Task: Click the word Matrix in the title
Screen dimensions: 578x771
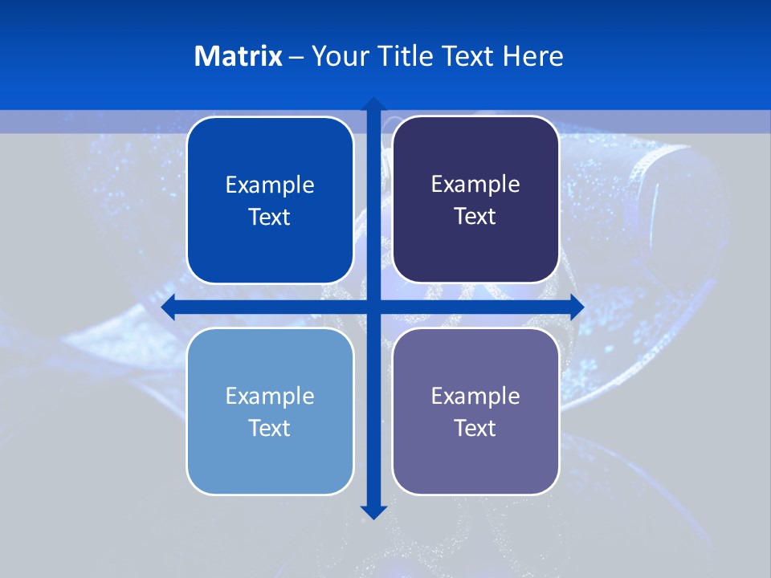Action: pyautogui.click(x=239, y=56)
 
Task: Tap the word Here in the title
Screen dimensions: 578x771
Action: pyautogui.click(x=532, y=56)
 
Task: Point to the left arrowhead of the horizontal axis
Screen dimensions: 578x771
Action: pyautogui.click(x=168, y=307)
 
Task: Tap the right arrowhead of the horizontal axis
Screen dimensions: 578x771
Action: pyautogui.click(x=577, y=307)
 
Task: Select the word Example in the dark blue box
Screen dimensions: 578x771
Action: pyautogui.click(x=270, y=185)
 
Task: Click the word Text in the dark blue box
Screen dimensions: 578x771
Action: pyautogui.click(x=270, y=218)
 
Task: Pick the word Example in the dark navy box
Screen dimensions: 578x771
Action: pyautogui.click(x=475, y=185)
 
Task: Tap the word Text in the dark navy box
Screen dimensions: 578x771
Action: pyautogui.click(x=475, y=217)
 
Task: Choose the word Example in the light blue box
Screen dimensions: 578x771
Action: pyautogui.click(x=270, y=397)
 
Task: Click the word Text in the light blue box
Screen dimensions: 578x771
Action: pyautogui.click(x=270, y=429)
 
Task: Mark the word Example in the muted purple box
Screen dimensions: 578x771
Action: pyautogui.click(x=475, y=397)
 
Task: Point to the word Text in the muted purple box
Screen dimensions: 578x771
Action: pyautogui.click(x=475, y=429)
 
